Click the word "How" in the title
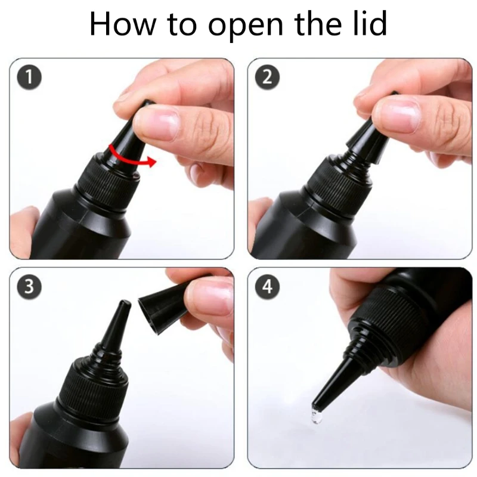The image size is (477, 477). click(123, 24)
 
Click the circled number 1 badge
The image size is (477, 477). click(29, 77)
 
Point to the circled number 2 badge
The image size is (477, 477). click(267, 77)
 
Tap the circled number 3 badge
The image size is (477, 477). click(29, 287)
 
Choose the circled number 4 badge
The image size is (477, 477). click(267, 287)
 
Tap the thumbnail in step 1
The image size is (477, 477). click(157, 124)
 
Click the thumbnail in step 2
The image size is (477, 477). click(397, 116)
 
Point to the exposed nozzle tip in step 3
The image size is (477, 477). click(124, 304)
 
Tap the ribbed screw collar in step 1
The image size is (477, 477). click(107, 185)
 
